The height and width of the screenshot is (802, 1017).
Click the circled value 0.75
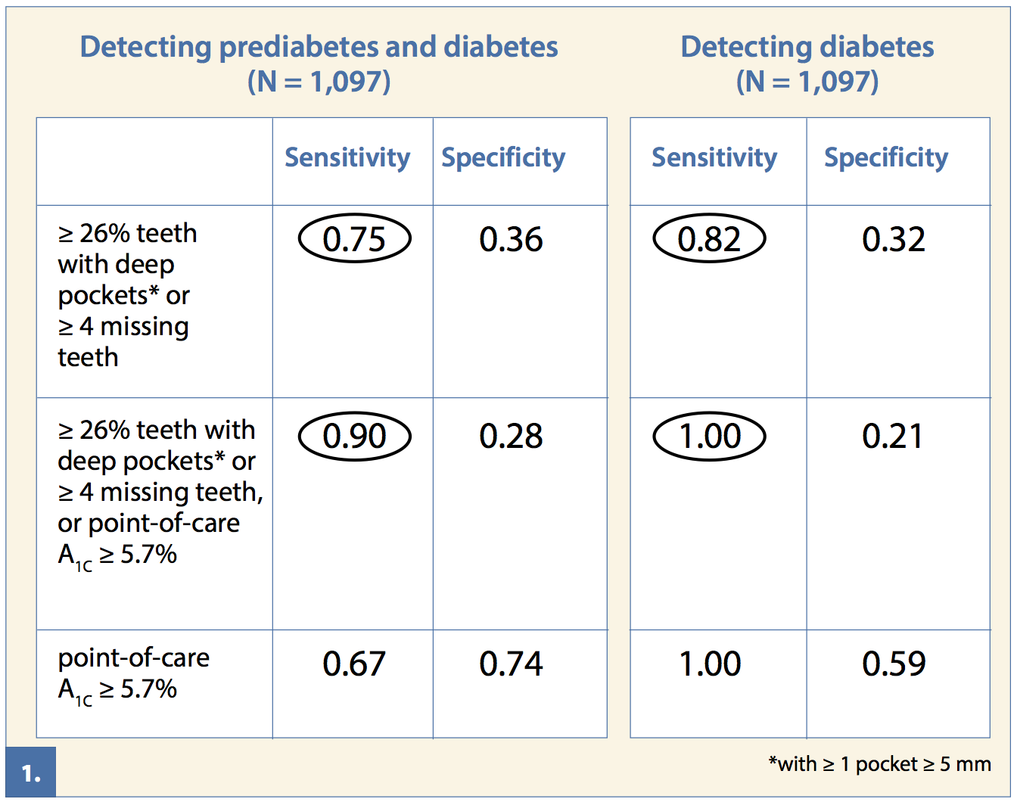(354, 239)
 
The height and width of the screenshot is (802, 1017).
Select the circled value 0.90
(354, 437)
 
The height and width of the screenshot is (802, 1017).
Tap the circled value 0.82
(709, 239)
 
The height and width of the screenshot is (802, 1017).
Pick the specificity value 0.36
(511, 239)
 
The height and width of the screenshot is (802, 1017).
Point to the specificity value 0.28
(511, 437)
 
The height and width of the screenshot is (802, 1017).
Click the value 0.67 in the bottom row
(354, 664)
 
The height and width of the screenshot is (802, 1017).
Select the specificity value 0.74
(511, 664)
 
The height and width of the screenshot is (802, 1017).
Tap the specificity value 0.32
(894, 239)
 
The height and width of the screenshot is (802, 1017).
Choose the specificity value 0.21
(893, 437)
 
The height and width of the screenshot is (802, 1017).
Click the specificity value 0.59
(894, 664)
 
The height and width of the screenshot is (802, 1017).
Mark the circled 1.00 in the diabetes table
(709, 437)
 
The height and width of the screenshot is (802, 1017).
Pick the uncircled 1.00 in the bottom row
(710, 664)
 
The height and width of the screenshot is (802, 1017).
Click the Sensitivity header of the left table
(347, 157)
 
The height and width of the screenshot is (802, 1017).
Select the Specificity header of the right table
(886, 157)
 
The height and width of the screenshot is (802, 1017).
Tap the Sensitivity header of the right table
(714, 157)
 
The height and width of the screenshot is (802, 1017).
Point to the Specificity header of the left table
(503, 157)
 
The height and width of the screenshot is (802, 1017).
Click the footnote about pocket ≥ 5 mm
(879, 764)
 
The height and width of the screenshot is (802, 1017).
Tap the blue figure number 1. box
(31, 772)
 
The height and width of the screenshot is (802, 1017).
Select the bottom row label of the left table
(133, 673)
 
